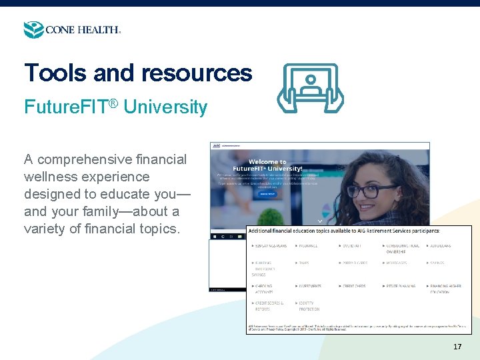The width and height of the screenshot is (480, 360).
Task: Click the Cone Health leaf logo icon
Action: pyautogui.click(x=33, y=29)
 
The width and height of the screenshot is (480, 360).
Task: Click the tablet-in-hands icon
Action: pyautogui.click(x=311, y=87)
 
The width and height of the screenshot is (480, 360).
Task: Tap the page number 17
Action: pyautogui.click(x=457, y=347)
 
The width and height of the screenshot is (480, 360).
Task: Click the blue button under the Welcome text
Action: pyautogui.click(x=268, y=195)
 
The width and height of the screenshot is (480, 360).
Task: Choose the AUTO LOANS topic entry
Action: pyautogui.click(x=441, y=246)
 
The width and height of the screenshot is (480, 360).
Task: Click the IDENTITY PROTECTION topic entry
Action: pyautogui.click(x=307, y=306)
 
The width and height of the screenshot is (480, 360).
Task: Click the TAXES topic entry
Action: pyautogui.click(x=304, y=263)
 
